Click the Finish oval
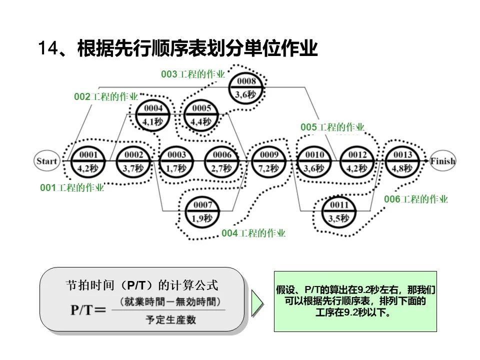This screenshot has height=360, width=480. [x=442, y=161]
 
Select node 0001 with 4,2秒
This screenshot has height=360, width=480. [x=88, y=161]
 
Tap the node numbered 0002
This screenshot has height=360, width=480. [x=133, y=161]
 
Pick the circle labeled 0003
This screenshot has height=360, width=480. [x=176, y=161]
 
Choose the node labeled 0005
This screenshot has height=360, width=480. [x=201, y=115]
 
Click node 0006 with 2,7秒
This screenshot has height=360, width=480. [x=222, y=161]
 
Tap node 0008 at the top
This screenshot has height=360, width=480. [x=246, y=88]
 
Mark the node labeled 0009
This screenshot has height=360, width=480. [x=269, y=161]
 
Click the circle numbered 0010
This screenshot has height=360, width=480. [x=314, y=161]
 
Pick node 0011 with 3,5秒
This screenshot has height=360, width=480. [x=338, y=211]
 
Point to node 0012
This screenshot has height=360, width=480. [x=357, y=161]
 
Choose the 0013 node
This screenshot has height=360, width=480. [x=402, y=161]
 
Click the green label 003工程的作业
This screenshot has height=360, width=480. [x=193, y=74]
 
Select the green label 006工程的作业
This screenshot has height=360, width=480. [x=416, y=199]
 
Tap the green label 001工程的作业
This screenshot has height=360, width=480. [x=72, y=188]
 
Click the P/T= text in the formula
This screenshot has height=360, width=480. [x=88, y=310]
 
